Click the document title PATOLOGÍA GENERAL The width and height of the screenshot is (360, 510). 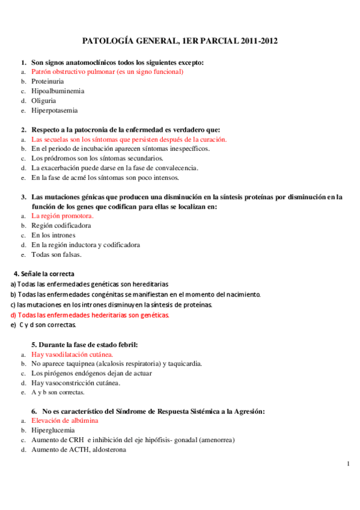pyautogui.click(x=180, y=41)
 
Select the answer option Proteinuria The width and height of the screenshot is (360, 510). pyautogui.click(x=48, y=81)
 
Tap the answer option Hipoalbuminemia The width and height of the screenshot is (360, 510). pyautogui.click(x=58, y=91)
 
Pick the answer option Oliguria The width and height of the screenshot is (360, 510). pyautogui.click(x=45, y=101)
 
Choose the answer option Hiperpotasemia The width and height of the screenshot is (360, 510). pyautogui.click(x=55, y=111)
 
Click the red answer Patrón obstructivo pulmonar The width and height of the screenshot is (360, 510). pyautogui.click(x=107, y=72)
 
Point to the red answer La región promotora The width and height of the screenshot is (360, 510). pyautogui.click(x=63, y=216)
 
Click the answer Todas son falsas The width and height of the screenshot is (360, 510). pyautogui.click(x=56, y=254)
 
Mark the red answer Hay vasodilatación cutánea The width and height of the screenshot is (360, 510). pyautogui.click(x=72, y=354)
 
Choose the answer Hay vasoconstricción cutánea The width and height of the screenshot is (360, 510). pyautogui.click(x=76, y=383)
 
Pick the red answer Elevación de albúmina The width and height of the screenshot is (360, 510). pyautogui.click(x=65, y=421)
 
